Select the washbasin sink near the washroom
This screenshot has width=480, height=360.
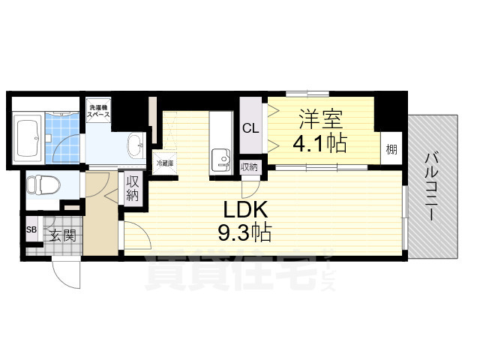coord(136,143)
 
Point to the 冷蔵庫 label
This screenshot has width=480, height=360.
coord(163,162)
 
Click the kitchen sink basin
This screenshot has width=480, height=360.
coord(220,159)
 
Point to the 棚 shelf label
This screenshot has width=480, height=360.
coord(391,149)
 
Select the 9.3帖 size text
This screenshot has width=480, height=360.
coord(244,232)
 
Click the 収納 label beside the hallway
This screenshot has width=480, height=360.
coord(133,187)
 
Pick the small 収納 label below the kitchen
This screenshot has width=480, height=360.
coord(249,167)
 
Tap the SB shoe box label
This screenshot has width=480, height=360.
coord(31,229)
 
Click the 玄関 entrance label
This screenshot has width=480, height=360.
coord(63,235)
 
